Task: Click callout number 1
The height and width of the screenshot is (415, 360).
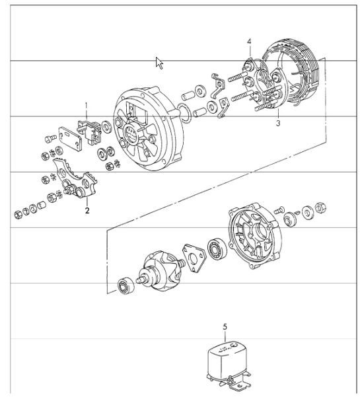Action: point(86,105)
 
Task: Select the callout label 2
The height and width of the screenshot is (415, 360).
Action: point(87,211)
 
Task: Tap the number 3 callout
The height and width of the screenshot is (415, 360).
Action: point(278,123)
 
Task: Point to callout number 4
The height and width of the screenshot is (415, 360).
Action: point(249,42)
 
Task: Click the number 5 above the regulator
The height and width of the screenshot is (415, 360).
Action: point(225,326)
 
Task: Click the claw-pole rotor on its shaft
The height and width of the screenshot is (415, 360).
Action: point(161,270)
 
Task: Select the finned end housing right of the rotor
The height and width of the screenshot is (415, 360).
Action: point(255,235)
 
